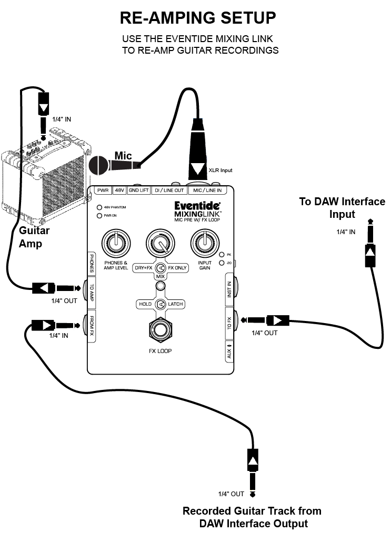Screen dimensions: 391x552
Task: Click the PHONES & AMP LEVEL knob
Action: pyautogui.click(x=116, y=243)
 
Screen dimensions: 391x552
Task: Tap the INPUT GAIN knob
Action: pyautogui.click(x=205, y=243)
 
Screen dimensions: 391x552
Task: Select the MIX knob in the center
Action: pyautogui.click(x=161, y=243)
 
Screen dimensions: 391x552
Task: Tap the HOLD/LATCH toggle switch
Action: pyautogui.click(x=161, y=304)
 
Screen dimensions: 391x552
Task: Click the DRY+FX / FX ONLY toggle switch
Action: pyautogui.click(x=161, y=268)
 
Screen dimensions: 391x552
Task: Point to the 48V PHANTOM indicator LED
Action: pyautogui.click(x=99, y=207)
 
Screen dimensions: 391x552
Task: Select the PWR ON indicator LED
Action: pyautogui.click(x=99, y=215)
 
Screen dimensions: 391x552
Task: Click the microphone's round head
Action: pyautogui.click(x=98, y=165)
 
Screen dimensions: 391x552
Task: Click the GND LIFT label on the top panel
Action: pyautogui.click(x=138, y=190)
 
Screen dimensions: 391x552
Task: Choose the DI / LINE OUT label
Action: pyautogui.click(x=169, y=190)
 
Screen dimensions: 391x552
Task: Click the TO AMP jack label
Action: pyautogui.click(x=92, y=292)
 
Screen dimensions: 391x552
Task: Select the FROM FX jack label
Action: pyautogui.click(x=92, y=325)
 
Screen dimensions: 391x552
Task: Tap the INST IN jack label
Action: pyautogui.click(x=229, y=289)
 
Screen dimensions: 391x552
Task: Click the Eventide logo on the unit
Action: pyautogui.click(x=197, y=206)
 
